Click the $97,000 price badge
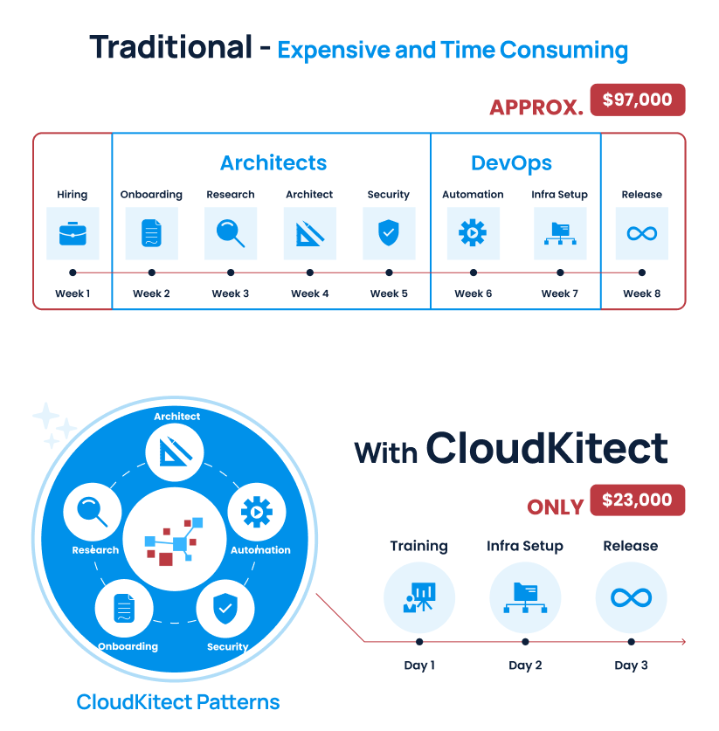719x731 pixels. tap(637, 100)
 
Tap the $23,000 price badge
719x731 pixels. tap(637, 500)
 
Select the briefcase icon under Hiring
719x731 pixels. tap(73, 233)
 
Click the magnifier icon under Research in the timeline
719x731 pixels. tap(231, 233)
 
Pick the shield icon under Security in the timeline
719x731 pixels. tap(389, 233)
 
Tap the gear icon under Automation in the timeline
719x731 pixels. tap(473, 233)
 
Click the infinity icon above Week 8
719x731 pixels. tap(642, 233)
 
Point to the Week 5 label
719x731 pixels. tap(389, 293)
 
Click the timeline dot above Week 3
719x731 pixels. tap(231, 272)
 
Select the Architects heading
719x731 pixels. tap(273, 163)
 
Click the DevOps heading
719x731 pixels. tap(511, 163)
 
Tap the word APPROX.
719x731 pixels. tap(536, 107)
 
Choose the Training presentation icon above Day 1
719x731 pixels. tap(419, 597)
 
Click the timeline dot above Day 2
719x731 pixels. tap(525, 642)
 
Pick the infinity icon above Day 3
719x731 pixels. tap(631, 597)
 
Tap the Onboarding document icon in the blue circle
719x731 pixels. tap(128, 608)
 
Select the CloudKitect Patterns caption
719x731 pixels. tap(178, 701)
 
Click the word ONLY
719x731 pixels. tap(555, 507)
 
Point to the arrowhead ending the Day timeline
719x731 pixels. tap(683, 642)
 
